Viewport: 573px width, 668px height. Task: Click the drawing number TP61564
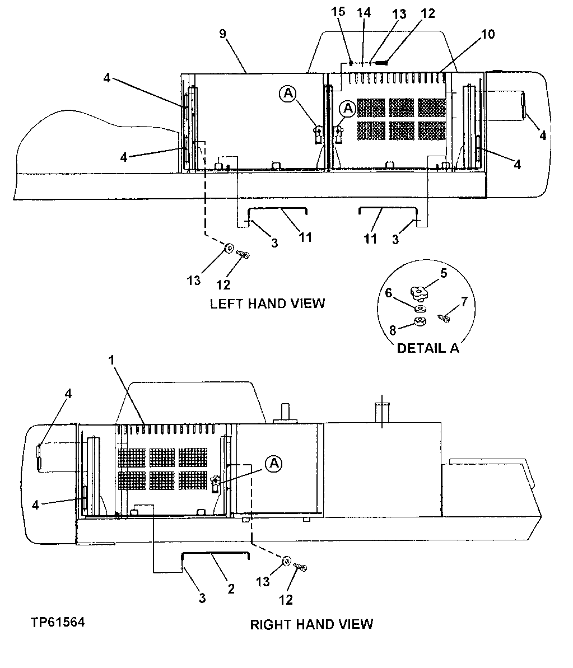(58, 622)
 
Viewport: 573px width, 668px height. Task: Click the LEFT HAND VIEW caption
(267, 303)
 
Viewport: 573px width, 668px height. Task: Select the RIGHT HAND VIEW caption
(311, 624)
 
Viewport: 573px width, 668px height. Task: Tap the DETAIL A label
(427, 348)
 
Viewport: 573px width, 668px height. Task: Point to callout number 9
(222, 35)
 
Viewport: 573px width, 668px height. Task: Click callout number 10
(487, 35)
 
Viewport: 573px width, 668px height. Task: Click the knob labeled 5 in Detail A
(417, 292)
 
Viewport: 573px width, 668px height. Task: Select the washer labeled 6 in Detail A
(421, 307)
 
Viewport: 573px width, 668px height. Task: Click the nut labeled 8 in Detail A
(418, 321)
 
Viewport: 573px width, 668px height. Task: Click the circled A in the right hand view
(273, 463)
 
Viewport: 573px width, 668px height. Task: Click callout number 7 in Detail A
(464, 302)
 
